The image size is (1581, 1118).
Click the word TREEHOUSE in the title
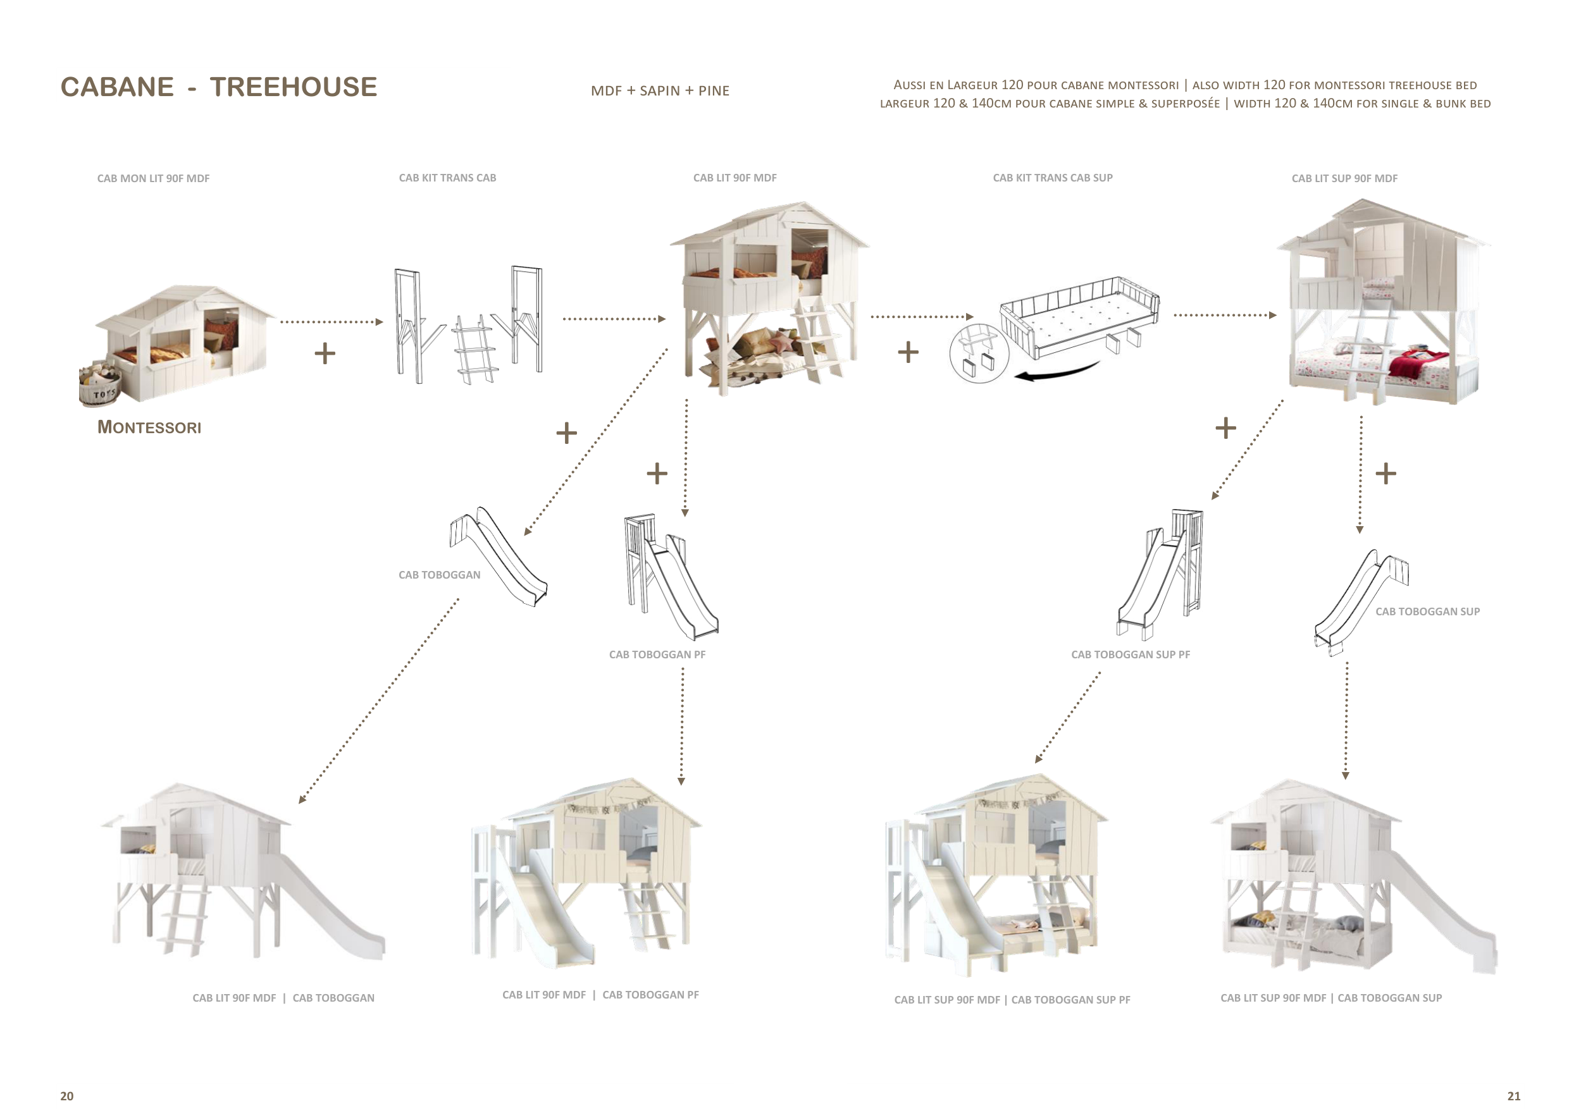[294, 87]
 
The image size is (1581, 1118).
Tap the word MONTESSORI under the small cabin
[149, 427]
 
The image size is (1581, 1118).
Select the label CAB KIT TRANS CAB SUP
[1052, 178]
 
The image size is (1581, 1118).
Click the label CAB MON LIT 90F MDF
[153, 178]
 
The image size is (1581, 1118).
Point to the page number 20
[67, 1096]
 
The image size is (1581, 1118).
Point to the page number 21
[1513, 1096]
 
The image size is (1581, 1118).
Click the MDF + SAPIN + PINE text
[660, 91]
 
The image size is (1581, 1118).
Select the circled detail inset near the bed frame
[979, 353]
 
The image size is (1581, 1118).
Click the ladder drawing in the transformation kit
[474, 350]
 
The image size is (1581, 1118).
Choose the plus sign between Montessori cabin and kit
[325, 354]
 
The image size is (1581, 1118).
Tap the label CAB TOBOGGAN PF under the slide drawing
[657, 654]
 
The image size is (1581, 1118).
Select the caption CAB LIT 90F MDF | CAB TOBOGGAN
[283, 998]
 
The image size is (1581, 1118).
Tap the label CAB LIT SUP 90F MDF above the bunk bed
[1344, 178]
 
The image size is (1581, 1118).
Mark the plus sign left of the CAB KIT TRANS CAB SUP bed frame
[908, 352]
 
